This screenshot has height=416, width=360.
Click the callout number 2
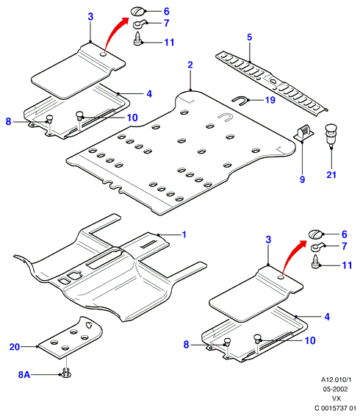190,65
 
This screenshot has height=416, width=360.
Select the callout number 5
249,37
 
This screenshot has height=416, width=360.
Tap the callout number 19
270,100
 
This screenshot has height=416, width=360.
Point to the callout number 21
331,175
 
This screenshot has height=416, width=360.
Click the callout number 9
303,179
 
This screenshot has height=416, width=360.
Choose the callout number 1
184,234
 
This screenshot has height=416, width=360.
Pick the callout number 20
15,347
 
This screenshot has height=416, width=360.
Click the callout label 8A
24,374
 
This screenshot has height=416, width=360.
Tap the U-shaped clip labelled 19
240,101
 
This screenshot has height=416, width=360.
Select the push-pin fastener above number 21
331,134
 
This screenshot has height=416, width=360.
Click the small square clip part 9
304,133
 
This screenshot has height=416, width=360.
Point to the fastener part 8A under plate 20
66,373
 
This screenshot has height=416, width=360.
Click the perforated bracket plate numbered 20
71,337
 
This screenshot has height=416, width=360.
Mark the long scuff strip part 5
271,83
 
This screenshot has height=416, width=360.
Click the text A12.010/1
336,380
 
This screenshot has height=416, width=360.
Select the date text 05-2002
335,389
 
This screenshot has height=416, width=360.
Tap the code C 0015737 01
335,408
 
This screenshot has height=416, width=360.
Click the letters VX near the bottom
336,398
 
